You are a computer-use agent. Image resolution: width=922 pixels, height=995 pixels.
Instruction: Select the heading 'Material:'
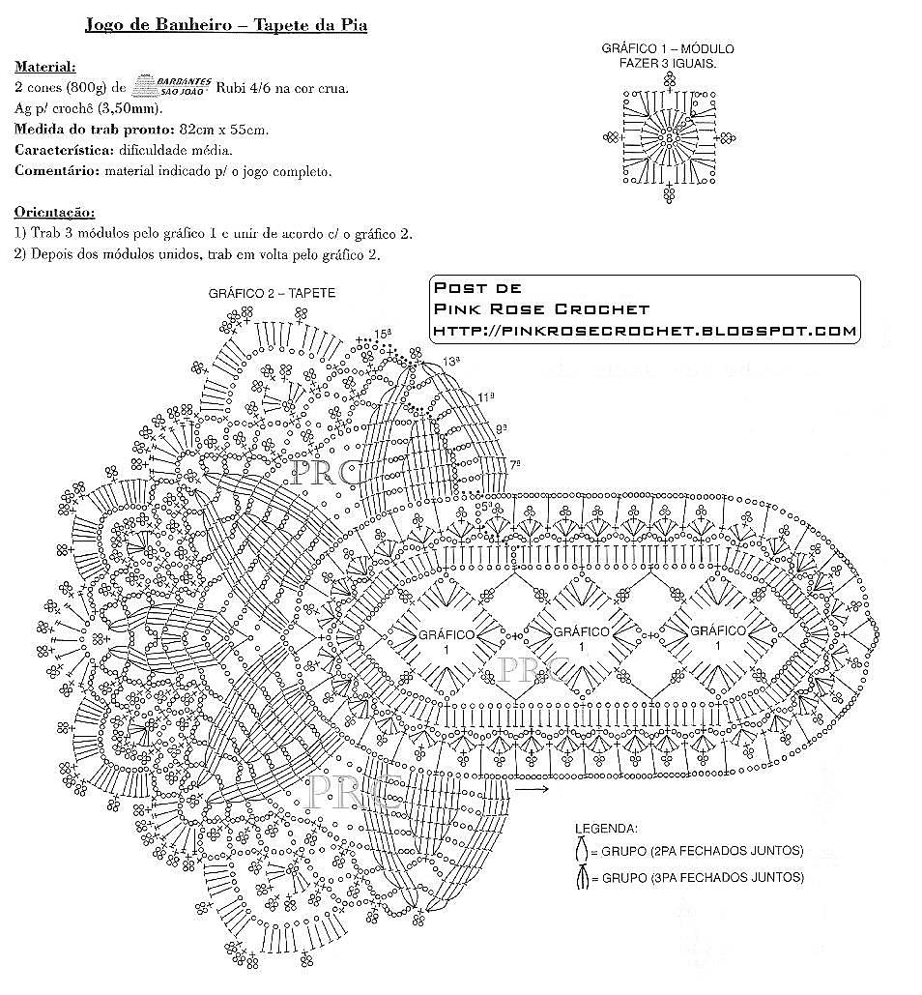[44, 68]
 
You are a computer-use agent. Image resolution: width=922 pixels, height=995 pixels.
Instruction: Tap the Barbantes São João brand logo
[170, 86]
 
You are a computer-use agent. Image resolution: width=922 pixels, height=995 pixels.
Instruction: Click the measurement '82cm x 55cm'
[222, 130]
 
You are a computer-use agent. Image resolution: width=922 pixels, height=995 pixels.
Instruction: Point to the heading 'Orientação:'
[54, 212]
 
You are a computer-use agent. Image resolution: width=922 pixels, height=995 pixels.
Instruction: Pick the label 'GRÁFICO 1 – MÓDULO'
[668, 48]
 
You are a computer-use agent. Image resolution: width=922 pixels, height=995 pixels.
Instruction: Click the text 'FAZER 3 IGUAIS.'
[668, 62]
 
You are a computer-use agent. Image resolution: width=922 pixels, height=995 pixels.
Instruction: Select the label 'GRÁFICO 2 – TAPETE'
[272, 294]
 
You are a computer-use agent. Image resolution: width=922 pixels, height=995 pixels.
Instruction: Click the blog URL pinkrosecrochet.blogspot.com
[645, 331]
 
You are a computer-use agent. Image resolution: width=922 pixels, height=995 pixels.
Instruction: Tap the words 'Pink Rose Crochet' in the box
[541, 308]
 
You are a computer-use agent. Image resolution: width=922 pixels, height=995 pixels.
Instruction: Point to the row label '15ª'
[384, 334]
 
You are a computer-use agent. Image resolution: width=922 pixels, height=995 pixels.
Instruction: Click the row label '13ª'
[450, 362]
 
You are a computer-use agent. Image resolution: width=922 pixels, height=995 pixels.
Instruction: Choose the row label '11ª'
[485, 397]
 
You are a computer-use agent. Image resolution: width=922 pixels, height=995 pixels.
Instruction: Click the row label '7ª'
[515, 464]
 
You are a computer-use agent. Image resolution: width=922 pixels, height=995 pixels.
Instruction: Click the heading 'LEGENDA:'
[606, 829]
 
